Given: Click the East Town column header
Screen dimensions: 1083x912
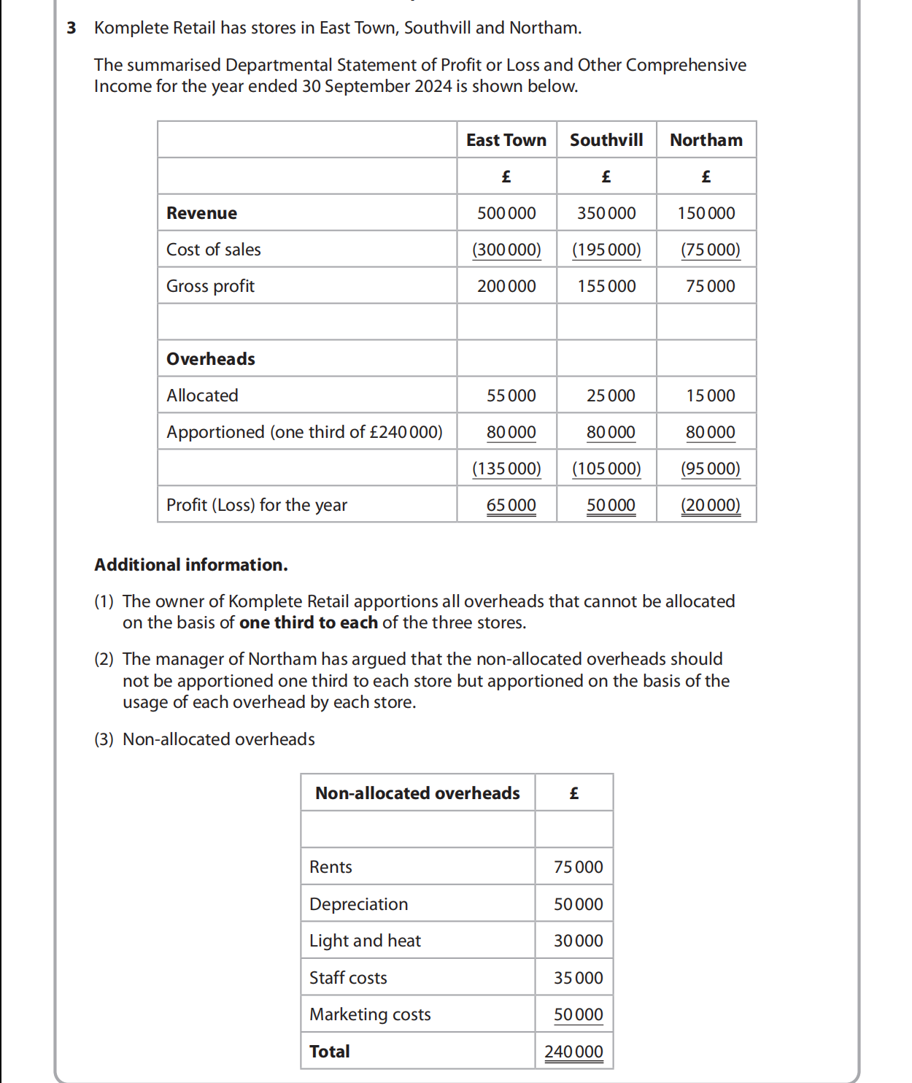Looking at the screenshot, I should pyautogui.click(x=506, y=140).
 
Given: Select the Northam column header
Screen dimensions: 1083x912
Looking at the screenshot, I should pyautogui.click(x=706, y=140).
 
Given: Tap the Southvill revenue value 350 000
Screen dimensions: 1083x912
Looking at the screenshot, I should pyautogui.click(x=606, y=213).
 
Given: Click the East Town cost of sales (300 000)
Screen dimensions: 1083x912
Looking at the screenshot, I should pyautogui.click(x=506, y=250).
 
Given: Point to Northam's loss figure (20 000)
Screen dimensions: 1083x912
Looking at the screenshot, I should pyautogui.click(x=710, y=505).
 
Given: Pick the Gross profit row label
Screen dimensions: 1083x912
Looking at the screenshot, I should pyautogui.click(x=210, y=286).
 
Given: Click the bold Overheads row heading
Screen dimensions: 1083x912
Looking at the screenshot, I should pyautogui.click(x=211, y=359).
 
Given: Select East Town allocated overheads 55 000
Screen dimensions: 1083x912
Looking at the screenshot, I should pyautogui.click(x=511, y=396).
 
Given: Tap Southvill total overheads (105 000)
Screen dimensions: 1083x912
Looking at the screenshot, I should pyautogui.click(x=606, y=469).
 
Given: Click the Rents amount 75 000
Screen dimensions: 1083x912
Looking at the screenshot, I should pyautogui.click(x=578, y=867).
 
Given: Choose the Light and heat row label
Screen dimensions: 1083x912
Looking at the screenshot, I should pyautogui.click(x=365, y=941).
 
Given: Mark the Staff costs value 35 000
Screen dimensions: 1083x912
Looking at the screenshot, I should pyautogui.click(x=578, y=978).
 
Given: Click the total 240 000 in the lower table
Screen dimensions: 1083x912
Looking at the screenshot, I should pyautogui.click(x=573, y=1052).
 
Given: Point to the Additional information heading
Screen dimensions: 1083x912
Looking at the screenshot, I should pyautogui.click(x=190, y=565).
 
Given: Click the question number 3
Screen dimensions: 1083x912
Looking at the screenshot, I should pyautogui.click(x=71, y=28).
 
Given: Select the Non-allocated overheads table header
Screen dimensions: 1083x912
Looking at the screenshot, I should pyautogui.click(x=417, y=793).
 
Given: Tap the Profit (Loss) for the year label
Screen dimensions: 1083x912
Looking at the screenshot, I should pyautogui.click(x=257, y=505).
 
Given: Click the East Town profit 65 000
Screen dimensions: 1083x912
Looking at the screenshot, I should pyautogui.click(x=511, y=505).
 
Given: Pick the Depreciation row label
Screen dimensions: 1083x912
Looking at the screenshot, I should pyautogui.click(x=358, y=904).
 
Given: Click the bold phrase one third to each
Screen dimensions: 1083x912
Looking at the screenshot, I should pyautogui.click(x=308, y=623).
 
